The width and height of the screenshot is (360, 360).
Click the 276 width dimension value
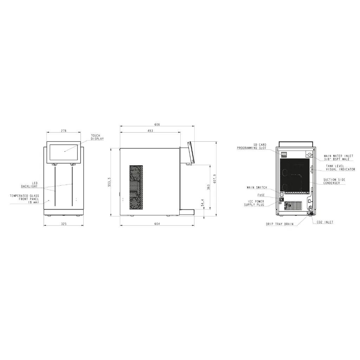pyautogui.click(x=64, y=131)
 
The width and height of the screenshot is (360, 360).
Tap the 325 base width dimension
pyautogui.click(x=64, y=224)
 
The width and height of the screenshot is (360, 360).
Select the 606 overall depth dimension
pyautogui.click(x=157, y=125)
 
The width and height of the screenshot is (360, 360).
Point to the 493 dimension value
pyautogui.click(x=150, y=131)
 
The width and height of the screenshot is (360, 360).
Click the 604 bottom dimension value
pyautogui.click(x=157, y=224)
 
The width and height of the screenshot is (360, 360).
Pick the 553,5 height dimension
pyautogui.click(x=109, y=182)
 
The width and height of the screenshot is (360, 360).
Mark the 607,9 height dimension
pyautogui.click(x=215, y=179)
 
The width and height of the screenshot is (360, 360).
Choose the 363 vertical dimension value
pyautogui.click(x=208, y=187)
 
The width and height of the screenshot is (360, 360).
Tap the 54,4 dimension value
pyautogui.click(x=202, y=203)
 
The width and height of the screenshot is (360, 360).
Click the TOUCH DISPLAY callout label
pyautogui.click(x=97, y=137)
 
